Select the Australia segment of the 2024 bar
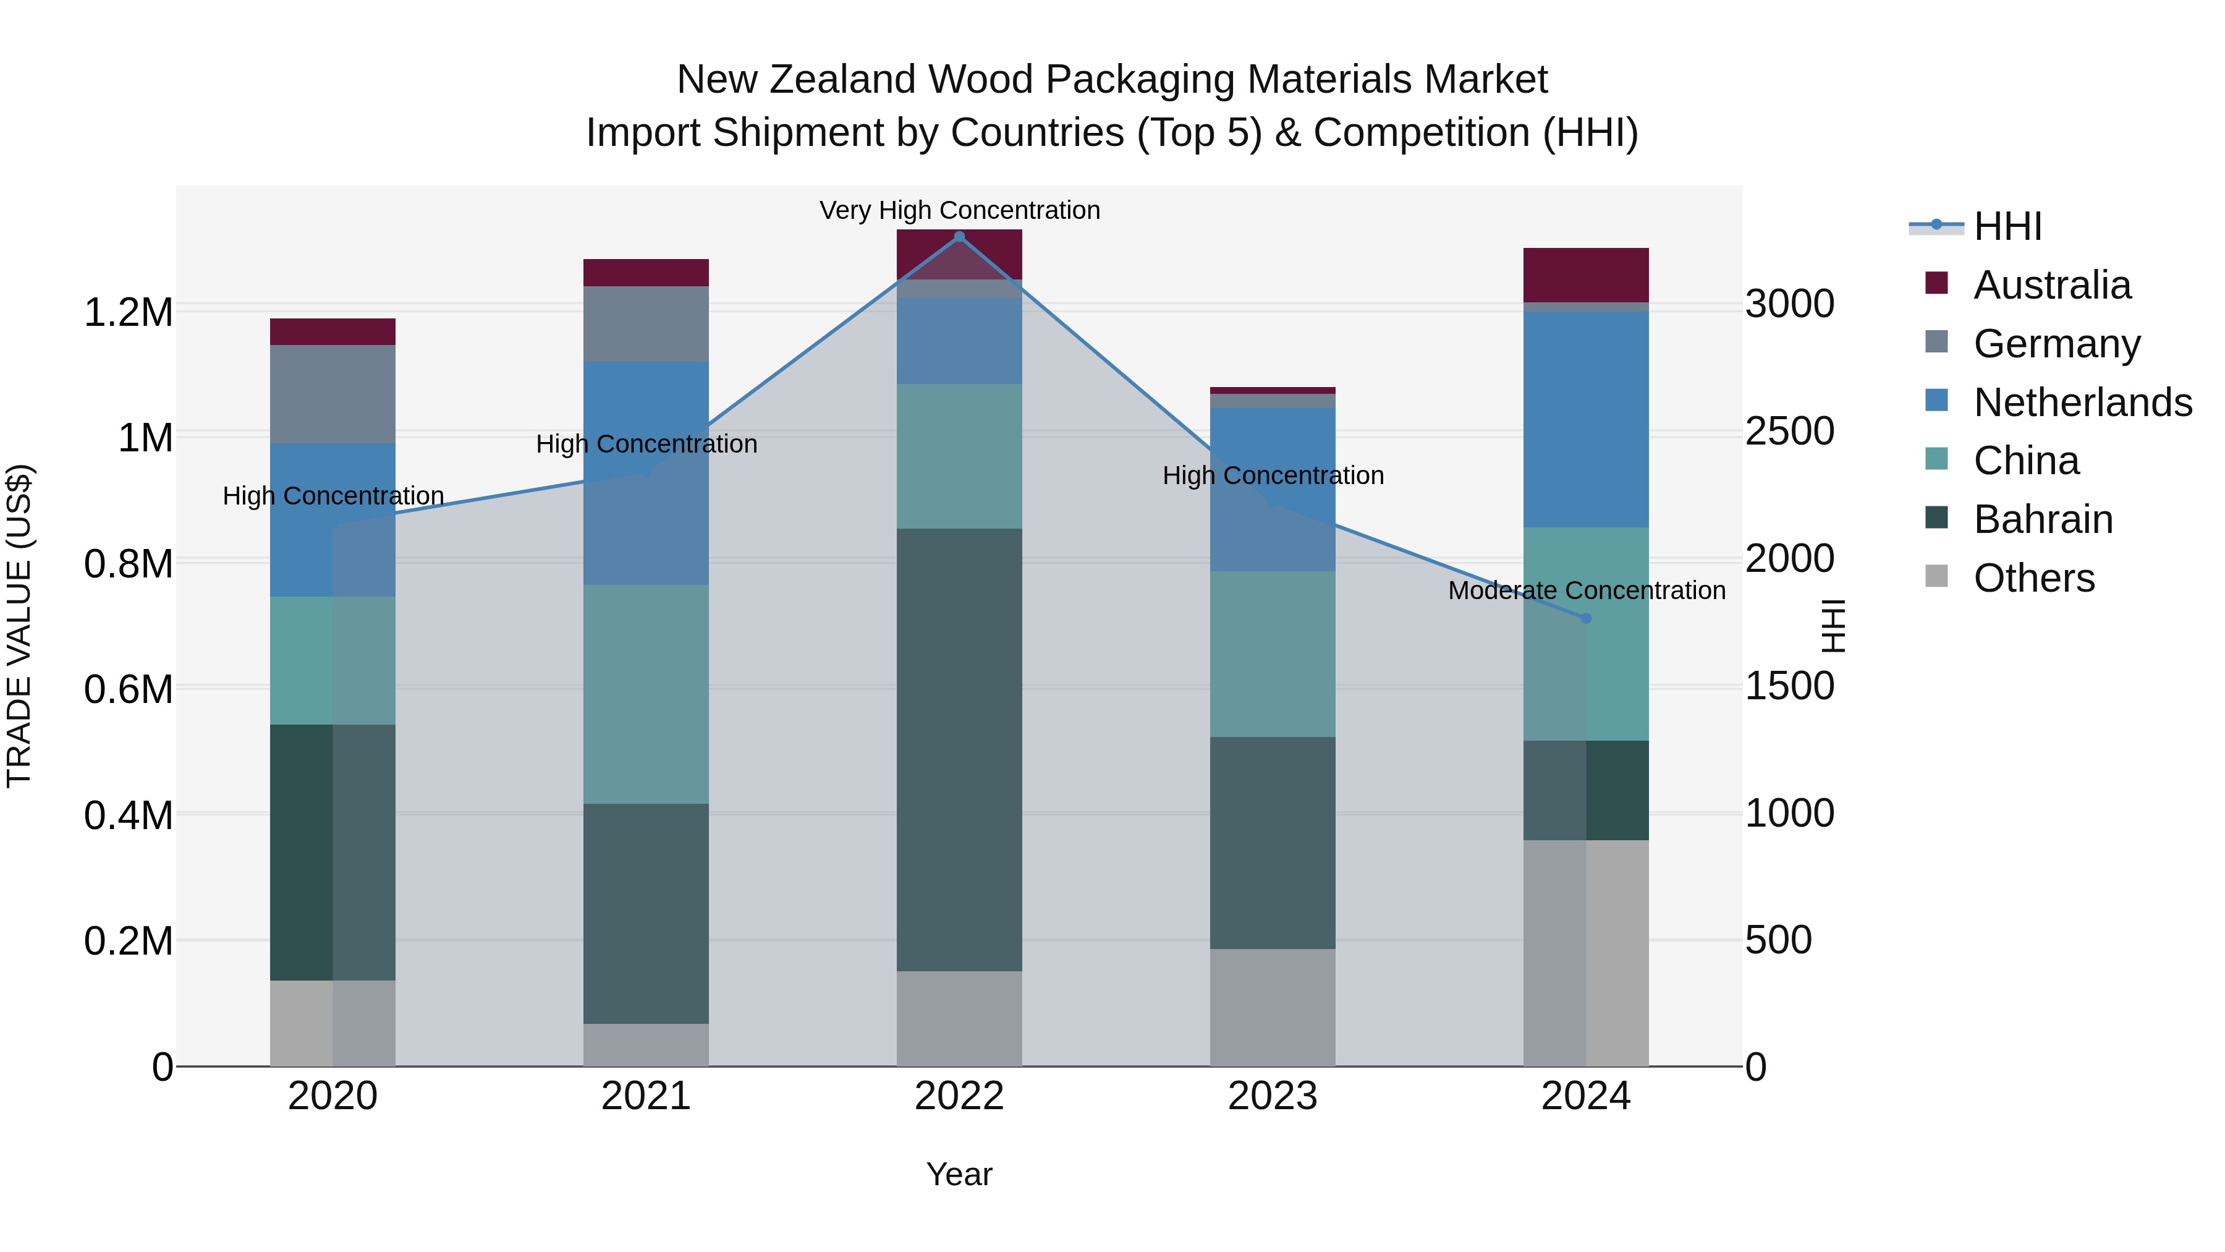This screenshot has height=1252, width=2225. (x=1586, y=275)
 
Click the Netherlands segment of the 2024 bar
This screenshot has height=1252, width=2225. (x=1586, y=419)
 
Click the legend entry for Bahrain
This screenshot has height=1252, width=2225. (x=2043, y=519)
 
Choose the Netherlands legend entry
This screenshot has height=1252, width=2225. (x=2082, y=402)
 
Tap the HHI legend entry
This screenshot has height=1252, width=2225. (x=2007, y=226)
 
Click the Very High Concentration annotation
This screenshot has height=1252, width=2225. (x=960, y=210)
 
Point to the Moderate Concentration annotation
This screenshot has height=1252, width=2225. (x=1587, y=590)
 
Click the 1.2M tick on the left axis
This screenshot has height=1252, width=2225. (x=129, y=312)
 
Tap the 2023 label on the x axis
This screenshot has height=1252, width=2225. (x=1273, y=1096)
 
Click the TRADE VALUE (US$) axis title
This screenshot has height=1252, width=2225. (x=19, y=626)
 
